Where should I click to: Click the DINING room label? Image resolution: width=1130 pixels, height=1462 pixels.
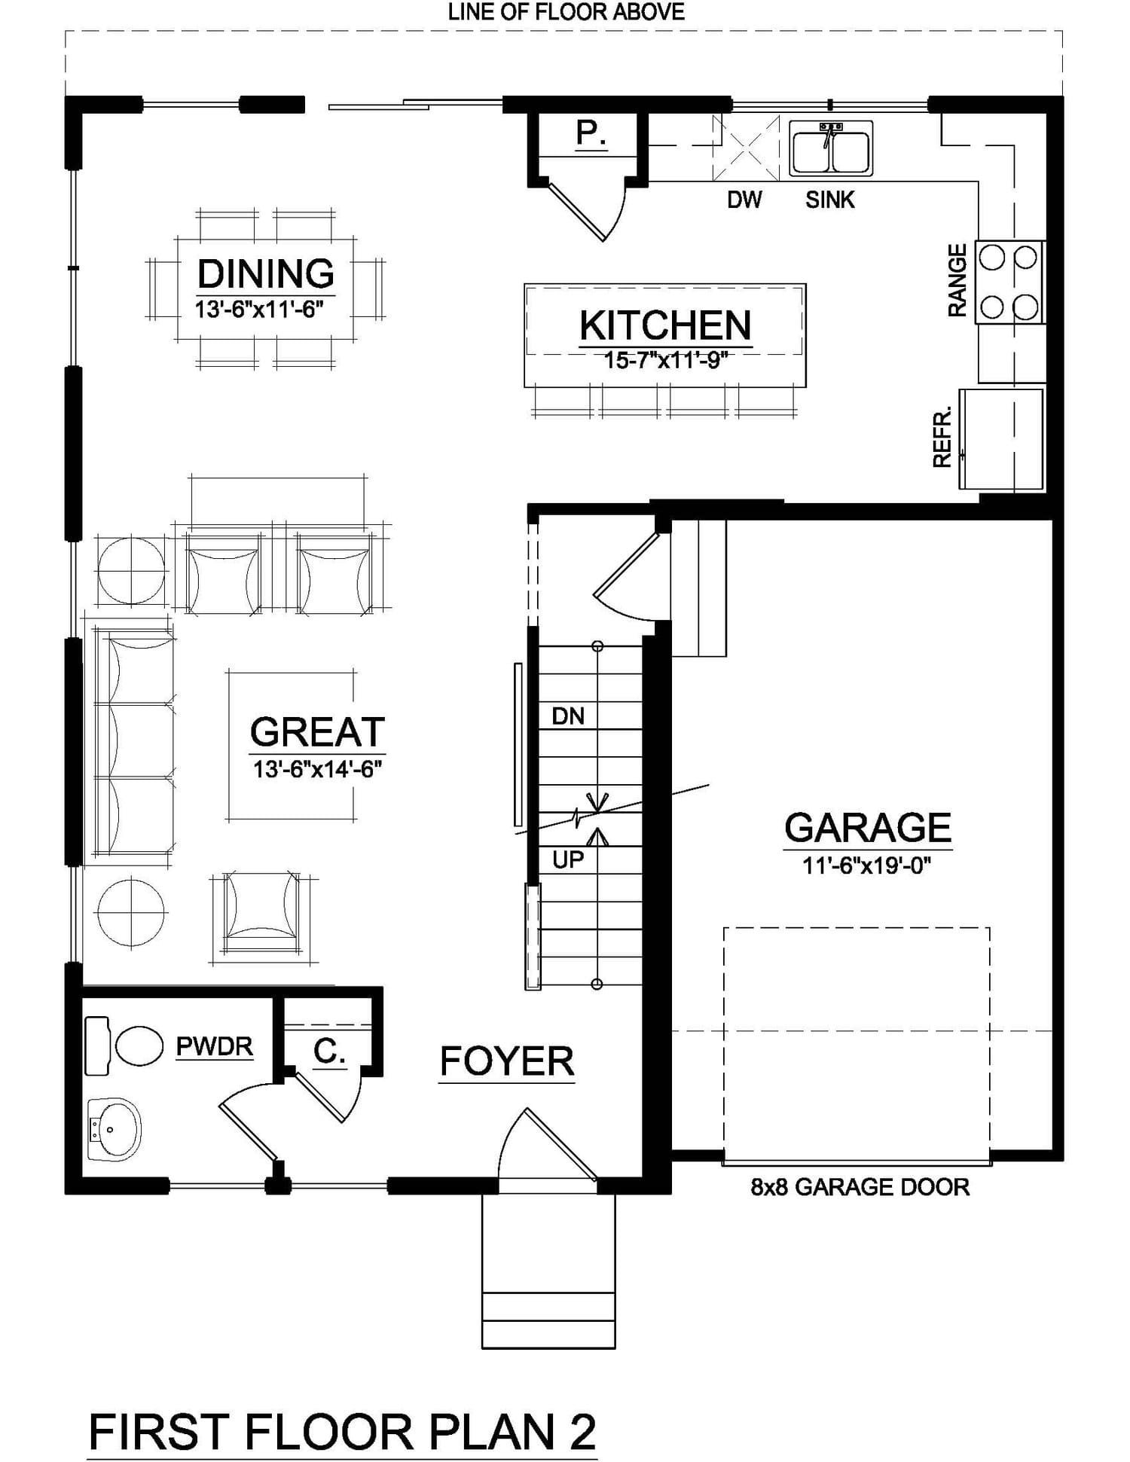(x=266, y=273)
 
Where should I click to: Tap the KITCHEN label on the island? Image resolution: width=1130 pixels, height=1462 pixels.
(x=665, y=325)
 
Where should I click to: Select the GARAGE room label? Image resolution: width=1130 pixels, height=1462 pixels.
(x=868, y=827)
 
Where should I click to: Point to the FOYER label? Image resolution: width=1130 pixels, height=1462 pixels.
(x=507, y=1061)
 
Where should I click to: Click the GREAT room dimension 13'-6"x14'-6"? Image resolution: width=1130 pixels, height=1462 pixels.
(x=318, y=769)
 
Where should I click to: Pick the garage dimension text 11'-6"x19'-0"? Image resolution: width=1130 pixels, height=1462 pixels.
(x=867, y=865)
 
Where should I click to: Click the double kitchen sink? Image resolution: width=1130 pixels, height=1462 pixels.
(x=831, y=148)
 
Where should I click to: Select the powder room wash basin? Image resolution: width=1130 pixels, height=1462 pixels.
(x=115, y=1129)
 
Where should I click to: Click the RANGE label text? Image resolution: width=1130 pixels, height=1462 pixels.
(x=957, y=280)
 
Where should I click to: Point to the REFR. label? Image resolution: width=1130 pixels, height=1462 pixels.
(x=942, y=437)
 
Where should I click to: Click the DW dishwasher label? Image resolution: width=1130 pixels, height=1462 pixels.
(x=744, y=200)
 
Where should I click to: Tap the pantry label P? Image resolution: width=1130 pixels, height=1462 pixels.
(x=591, y=133)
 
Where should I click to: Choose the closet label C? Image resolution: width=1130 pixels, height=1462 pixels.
(x=329, y=1051)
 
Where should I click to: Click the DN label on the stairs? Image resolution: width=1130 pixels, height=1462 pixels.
(x=568, y=716)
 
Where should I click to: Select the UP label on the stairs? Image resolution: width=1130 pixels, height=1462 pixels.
(x=568, y=859)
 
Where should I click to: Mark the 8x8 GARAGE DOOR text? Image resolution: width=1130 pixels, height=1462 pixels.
(x=860, y=1187)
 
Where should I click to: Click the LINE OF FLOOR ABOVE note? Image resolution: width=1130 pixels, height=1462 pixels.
(x=566, y=11)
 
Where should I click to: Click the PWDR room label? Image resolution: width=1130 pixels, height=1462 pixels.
(x=215, y=1046)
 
